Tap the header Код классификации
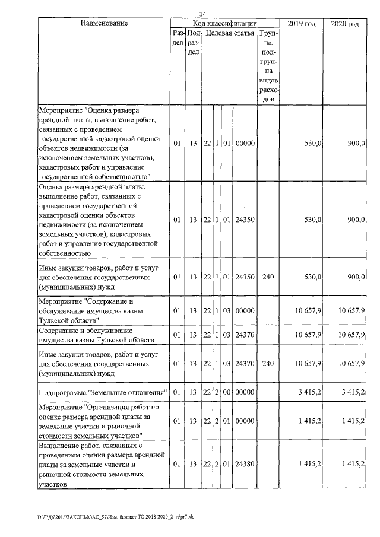click(224, 23)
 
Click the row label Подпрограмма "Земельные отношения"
click(100, 392)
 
